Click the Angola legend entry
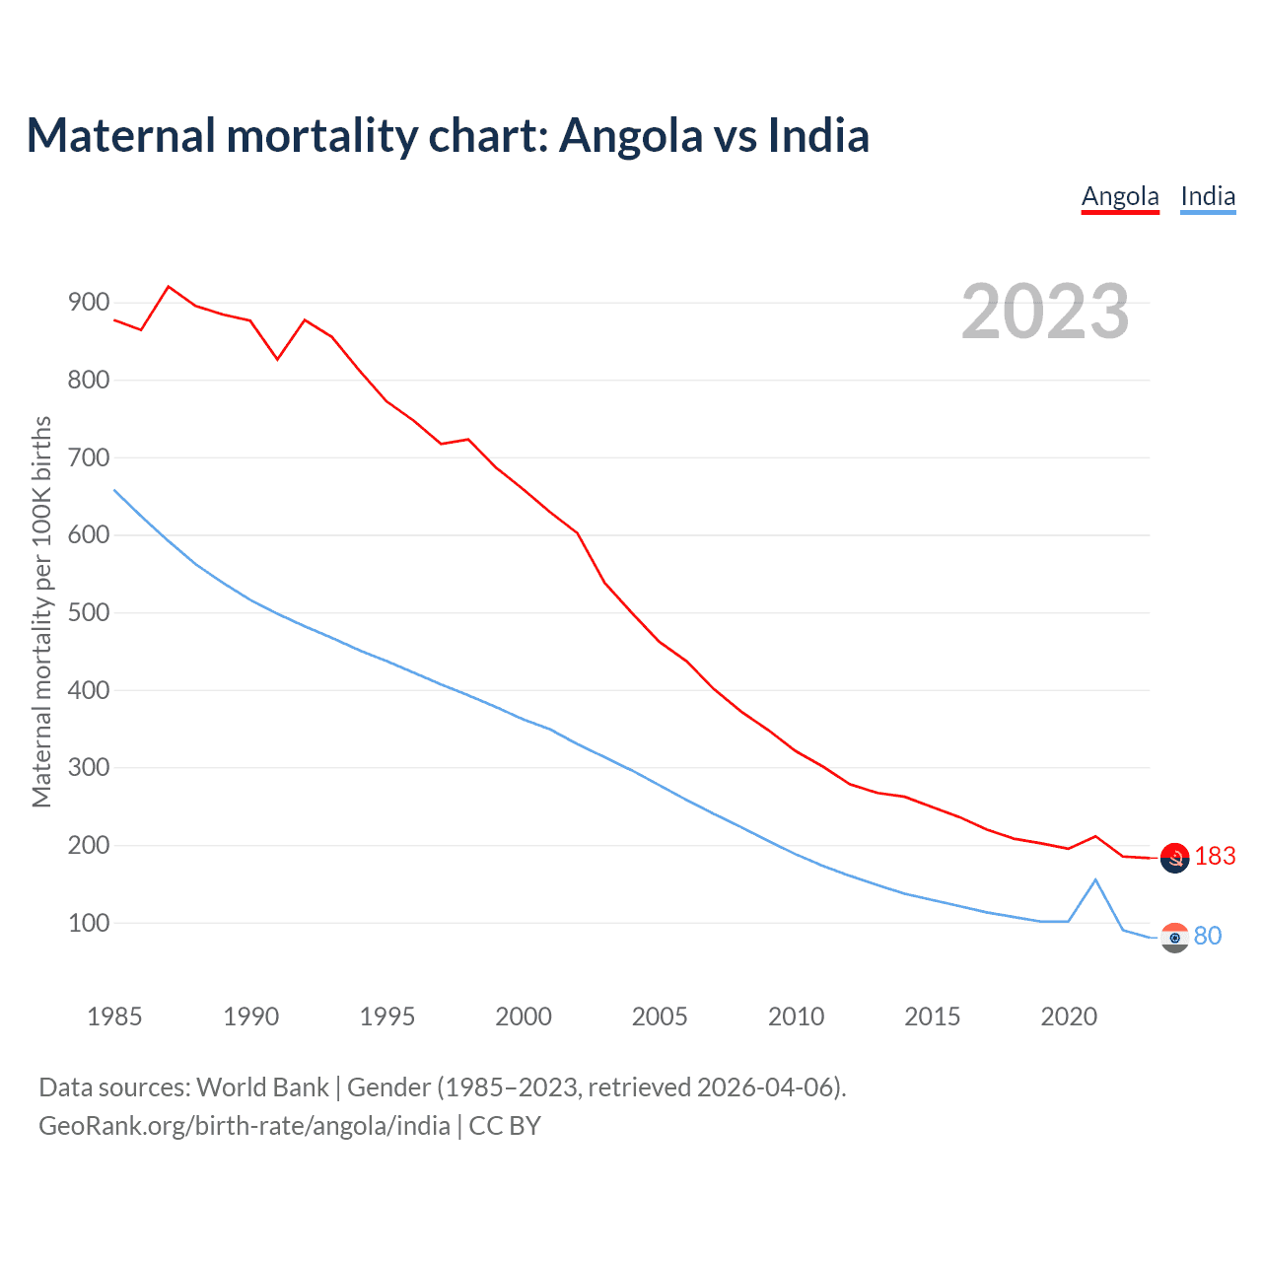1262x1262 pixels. (x=1120, y=196)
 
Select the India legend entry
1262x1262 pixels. (x=1208, y=196)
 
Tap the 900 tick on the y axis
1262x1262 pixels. (x=89, y=303)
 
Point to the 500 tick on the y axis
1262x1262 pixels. (x=89, y=612)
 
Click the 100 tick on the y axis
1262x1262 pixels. (x=89, y=923)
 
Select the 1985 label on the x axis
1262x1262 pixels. (x=114, y=1017)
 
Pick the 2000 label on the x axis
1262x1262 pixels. (x=524, y=1017)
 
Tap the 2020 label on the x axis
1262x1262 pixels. (x=1069, y=1017)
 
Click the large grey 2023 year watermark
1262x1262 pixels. (x=1045, y=312)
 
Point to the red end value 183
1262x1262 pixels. (x=1215, y=857)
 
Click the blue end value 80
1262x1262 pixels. (x=1208, y=936)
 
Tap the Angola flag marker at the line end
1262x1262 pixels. (x=1174, y=858)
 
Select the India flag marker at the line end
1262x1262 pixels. (x=1174, y=938)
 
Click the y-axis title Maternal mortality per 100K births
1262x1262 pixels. (x=41, y=611)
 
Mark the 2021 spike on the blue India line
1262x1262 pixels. (x=1095, y=879)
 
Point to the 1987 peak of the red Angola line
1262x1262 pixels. (x=169, y=287)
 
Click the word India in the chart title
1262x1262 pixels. (x=818, y=135)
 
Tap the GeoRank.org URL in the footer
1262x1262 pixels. (x=244, y=1126)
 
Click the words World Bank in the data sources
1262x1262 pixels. (x=262, y=1087)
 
